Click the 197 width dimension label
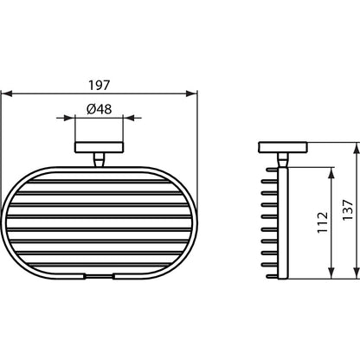pos(99,86)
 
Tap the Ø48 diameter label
pos(99,109)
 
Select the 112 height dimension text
pos(323,222)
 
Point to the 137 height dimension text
pos(348,210)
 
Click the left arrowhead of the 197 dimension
pos(7,93)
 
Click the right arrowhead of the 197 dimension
pos(191,93)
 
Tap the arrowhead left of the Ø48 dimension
pos(69,118)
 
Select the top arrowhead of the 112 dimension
pos(331,172)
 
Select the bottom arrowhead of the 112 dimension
pos(331,273)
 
